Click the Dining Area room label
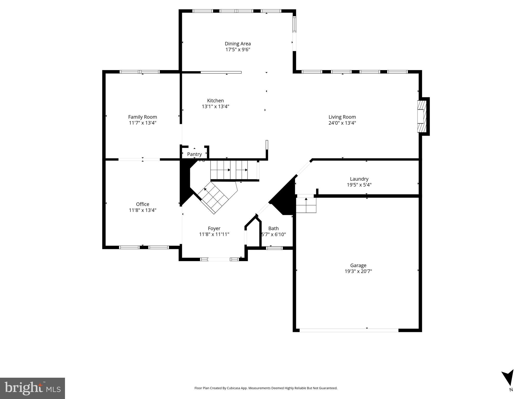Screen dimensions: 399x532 coord(238,44)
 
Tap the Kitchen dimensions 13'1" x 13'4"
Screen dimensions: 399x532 coord(215,107)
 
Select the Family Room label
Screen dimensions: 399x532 coord(142,117)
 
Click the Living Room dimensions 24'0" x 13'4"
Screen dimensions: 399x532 coord(342,123)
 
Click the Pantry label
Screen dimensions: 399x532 coord(194,154)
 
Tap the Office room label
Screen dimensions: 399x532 coord(142,204)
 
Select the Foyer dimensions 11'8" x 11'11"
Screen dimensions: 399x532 coord(214,234)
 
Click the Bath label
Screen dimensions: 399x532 coord(273,228)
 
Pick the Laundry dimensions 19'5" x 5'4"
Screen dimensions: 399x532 coord(359,185)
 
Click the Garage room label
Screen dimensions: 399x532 coord(358,265)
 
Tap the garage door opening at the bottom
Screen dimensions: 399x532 coord(349,330)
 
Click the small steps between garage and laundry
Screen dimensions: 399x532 coord(306,205)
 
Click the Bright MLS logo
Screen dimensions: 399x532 coord(32,388)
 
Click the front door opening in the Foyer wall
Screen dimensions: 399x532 coord(219,259)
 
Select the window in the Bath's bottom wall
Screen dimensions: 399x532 coord(274,248)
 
